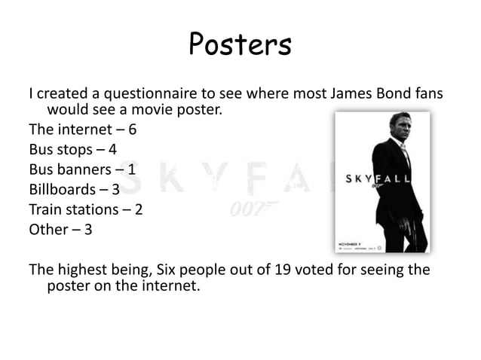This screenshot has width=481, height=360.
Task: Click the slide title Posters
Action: [240, 44]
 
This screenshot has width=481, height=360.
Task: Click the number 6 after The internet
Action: [133, 129]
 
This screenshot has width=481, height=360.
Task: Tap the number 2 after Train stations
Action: [138, 209]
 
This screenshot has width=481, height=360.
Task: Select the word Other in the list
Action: [48, 229]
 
